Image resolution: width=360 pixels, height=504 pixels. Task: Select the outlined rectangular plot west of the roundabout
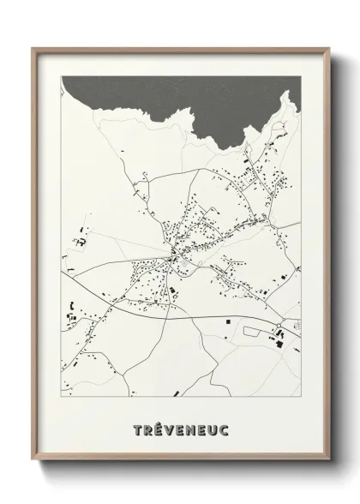255,328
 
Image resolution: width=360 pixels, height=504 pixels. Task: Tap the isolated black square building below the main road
229,322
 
